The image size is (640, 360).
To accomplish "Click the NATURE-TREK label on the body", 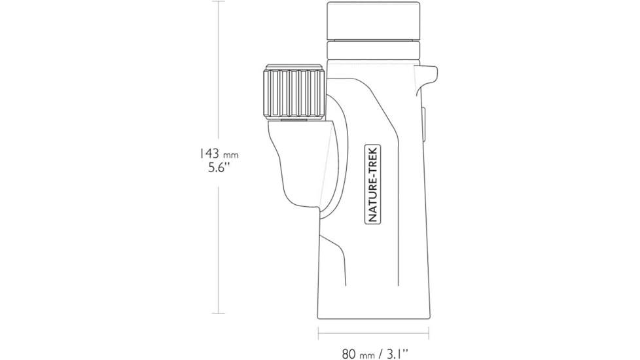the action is tap(372, 184).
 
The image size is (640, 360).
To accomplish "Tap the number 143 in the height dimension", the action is tap(209, 153).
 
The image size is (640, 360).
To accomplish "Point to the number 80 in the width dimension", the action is tap(349, 354).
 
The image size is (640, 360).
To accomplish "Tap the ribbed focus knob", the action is tap(294, 93).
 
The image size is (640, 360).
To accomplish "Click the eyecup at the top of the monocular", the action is tap(373, 21).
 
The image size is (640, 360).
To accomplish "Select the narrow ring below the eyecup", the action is tap(373, 50).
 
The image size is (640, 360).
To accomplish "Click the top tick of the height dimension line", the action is tap(219, 1).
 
